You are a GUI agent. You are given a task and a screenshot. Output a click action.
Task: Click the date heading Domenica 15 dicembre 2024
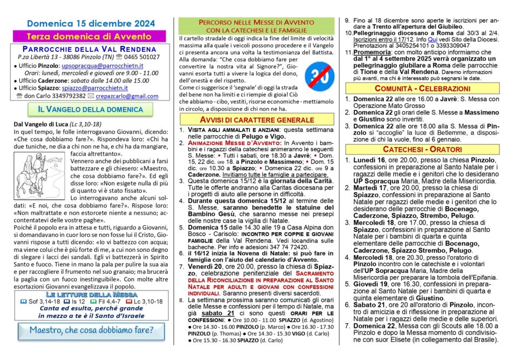[89, 24]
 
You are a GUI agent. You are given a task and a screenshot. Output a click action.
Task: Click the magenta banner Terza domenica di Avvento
[89, 36]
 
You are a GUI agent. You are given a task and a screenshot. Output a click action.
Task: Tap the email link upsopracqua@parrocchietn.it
[103, 65]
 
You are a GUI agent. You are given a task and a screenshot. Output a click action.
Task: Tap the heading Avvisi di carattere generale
[256, 119]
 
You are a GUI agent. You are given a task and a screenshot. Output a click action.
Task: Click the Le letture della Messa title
[89, 294]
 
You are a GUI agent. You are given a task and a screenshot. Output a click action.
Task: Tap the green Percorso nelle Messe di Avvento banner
[256, 25]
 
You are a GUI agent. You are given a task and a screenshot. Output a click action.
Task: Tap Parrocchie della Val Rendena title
[89, 48]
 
